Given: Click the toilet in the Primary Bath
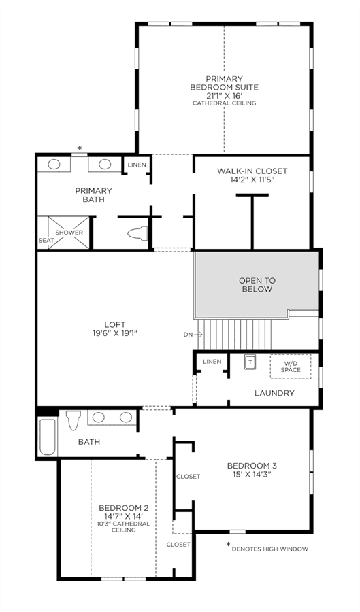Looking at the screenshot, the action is pos(137,233).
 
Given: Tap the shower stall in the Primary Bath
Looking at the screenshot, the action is pos(69,233).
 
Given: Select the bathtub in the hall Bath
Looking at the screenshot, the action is pos(48,437).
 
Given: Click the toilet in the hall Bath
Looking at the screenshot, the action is pos(73,420).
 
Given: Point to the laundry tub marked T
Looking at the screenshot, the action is pos(250,362).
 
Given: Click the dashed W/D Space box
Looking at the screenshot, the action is pos(291,367).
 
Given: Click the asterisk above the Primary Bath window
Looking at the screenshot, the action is pos(80,148).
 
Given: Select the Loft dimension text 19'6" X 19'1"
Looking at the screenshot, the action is pos(115,333).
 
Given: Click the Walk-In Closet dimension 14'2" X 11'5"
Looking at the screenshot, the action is pos(252,180).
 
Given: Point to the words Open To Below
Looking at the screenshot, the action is pos(257,285).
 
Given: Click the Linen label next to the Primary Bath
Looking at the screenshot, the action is pos(137,165).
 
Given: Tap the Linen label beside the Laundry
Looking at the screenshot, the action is pos(212,362).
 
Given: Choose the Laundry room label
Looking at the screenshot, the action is pos(274,393).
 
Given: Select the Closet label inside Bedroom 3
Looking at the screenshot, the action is pos(189,476).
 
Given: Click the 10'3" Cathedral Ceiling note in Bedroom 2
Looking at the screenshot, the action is pos(124,526).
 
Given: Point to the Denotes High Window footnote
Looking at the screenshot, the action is pos(269,549).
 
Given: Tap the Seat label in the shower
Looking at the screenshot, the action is pos(46,241).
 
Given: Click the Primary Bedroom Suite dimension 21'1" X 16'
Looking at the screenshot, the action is pos(224,96).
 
